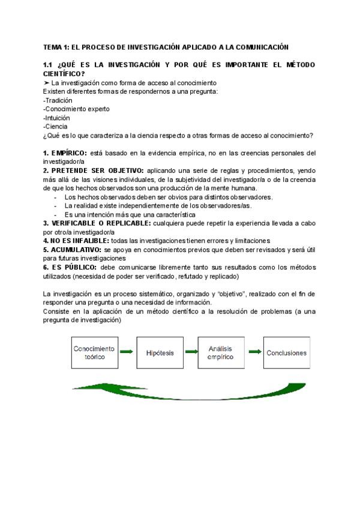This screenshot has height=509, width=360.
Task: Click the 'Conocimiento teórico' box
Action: [x=94, y=352]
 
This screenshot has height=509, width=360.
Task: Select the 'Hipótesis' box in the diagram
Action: [x=160, y=353]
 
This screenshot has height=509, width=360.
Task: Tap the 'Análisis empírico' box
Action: [x=220, y=352]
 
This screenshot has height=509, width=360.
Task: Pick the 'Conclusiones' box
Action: [x=286, y=353]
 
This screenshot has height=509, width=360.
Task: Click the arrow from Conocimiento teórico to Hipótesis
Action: [x=126, y=353]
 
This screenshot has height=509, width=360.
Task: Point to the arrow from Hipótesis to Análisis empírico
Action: [x=190, y=353]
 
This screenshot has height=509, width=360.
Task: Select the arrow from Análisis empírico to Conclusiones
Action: [x=254, y=353]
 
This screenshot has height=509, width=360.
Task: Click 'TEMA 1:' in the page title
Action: [x=56, y=47]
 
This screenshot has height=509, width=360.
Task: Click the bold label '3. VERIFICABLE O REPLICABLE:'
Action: [x=97, y=223]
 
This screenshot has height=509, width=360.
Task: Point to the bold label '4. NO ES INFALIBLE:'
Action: [x=76, y=240]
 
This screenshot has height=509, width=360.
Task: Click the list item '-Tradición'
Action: [x=58, y=100]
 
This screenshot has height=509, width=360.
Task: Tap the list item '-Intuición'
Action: [x=56, y=118]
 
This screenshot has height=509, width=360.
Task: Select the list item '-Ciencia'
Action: [x=55, y=127]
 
